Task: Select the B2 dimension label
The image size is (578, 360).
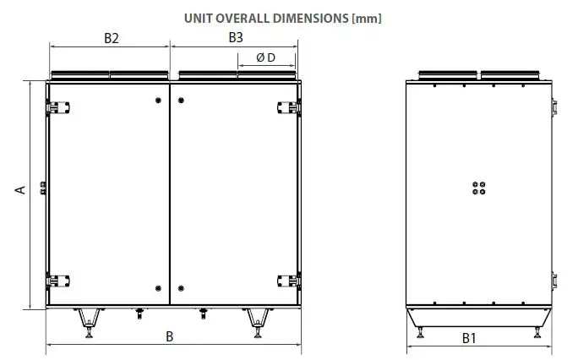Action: pyautogui.click(x=111, y=37)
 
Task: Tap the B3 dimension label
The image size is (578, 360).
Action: pyautogui.click(x=236, y=37)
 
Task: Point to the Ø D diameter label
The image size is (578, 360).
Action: pyautogui.click(x=265, y=57)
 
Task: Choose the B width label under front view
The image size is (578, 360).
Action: pyautogui.click(x=170, y=336)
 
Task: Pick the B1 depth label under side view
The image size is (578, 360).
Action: pyautogui.click(x=470, y=338)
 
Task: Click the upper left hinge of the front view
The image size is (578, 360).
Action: pyautogui.click(x=52, y=106)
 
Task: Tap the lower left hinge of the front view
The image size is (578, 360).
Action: pyautogui.click(x=52, y=280)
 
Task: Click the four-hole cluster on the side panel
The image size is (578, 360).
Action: pyautogui.click(x=478, y=187)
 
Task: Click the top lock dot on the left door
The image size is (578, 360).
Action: pyautogui.click(x=159, y=101)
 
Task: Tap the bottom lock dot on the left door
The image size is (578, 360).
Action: pyautogui.click(x=159, y=286)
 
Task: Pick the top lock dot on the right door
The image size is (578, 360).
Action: pyautogui.click(x=181, y=101)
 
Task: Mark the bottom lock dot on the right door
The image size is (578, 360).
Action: pyautogui.click(x=181, y=286)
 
